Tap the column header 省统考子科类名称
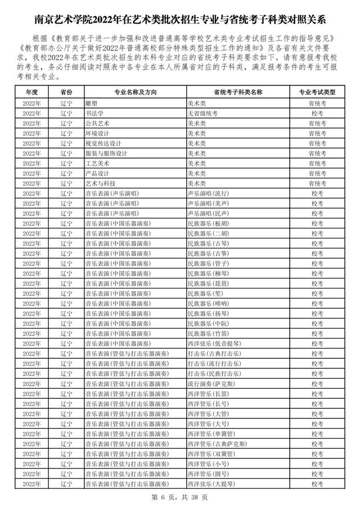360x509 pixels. coord(238,92)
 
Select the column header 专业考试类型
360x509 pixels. coord(317,92)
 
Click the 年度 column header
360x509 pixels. coord(31,92)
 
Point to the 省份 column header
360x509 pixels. coord(66,92)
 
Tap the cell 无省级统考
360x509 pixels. coord(201,113)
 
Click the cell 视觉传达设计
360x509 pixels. coord(103,143)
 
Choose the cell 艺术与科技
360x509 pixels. coord(100,183)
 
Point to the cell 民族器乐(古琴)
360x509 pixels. coord(208,244)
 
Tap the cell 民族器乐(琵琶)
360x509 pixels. coord(208,283)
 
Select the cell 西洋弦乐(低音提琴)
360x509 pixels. coord(213,344)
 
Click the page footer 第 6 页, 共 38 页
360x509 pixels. coord(180,497)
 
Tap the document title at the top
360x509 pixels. coord(180,21)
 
